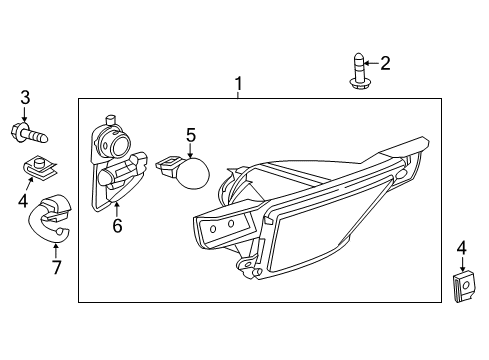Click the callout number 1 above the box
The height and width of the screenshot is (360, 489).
tap(238, 83)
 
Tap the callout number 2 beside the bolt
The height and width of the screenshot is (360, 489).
tap(384, 63)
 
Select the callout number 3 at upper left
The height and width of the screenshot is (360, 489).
tap(25, 97)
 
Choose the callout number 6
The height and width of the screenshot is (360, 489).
tap(117, 227)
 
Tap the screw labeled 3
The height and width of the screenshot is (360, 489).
tap(29, 130)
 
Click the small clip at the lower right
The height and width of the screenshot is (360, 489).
tap(461, 286)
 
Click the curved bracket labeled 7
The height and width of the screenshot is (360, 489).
tap(47, 218)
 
